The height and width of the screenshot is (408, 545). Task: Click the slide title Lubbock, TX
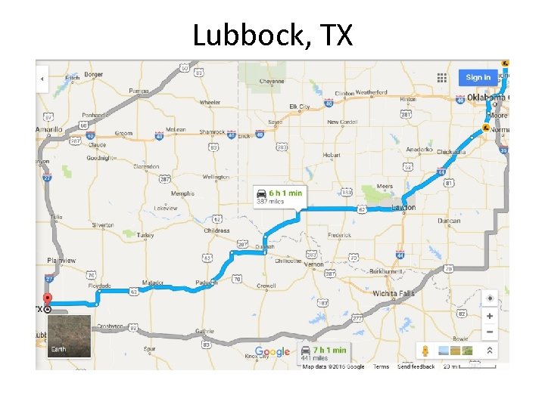click(272, 35)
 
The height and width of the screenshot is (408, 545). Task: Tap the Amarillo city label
click(48, 130)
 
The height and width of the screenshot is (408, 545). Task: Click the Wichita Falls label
click(394, 293)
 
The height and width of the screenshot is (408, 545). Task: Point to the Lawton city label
click(403, 208)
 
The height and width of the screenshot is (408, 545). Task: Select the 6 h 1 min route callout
click(279, 196)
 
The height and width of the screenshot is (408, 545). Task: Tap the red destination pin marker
click(48, 299)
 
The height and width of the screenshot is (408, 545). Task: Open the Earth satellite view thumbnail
click(69, 336)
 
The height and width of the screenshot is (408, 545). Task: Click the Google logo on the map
click(272, 352)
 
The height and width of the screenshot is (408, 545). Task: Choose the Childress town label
click(216, 230)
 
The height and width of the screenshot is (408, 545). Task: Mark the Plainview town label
click(61, 260)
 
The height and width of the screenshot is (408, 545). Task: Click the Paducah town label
click(206, 283)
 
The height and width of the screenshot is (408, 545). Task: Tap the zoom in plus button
click(490, 316)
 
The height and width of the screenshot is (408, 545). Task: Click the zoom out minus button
click(490, 332)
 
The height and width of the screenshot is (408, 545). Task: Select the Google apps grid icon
click(442, 77)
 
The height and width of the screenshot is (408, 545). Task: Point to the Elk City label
click(300, 107)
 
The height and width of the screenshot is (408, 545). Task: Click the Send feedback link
click(416, 367)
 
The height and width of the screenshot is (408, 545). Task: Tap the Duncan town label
click(448, 221)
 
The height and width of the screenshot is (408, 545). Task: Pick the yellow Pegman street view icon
click(426, 351)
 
